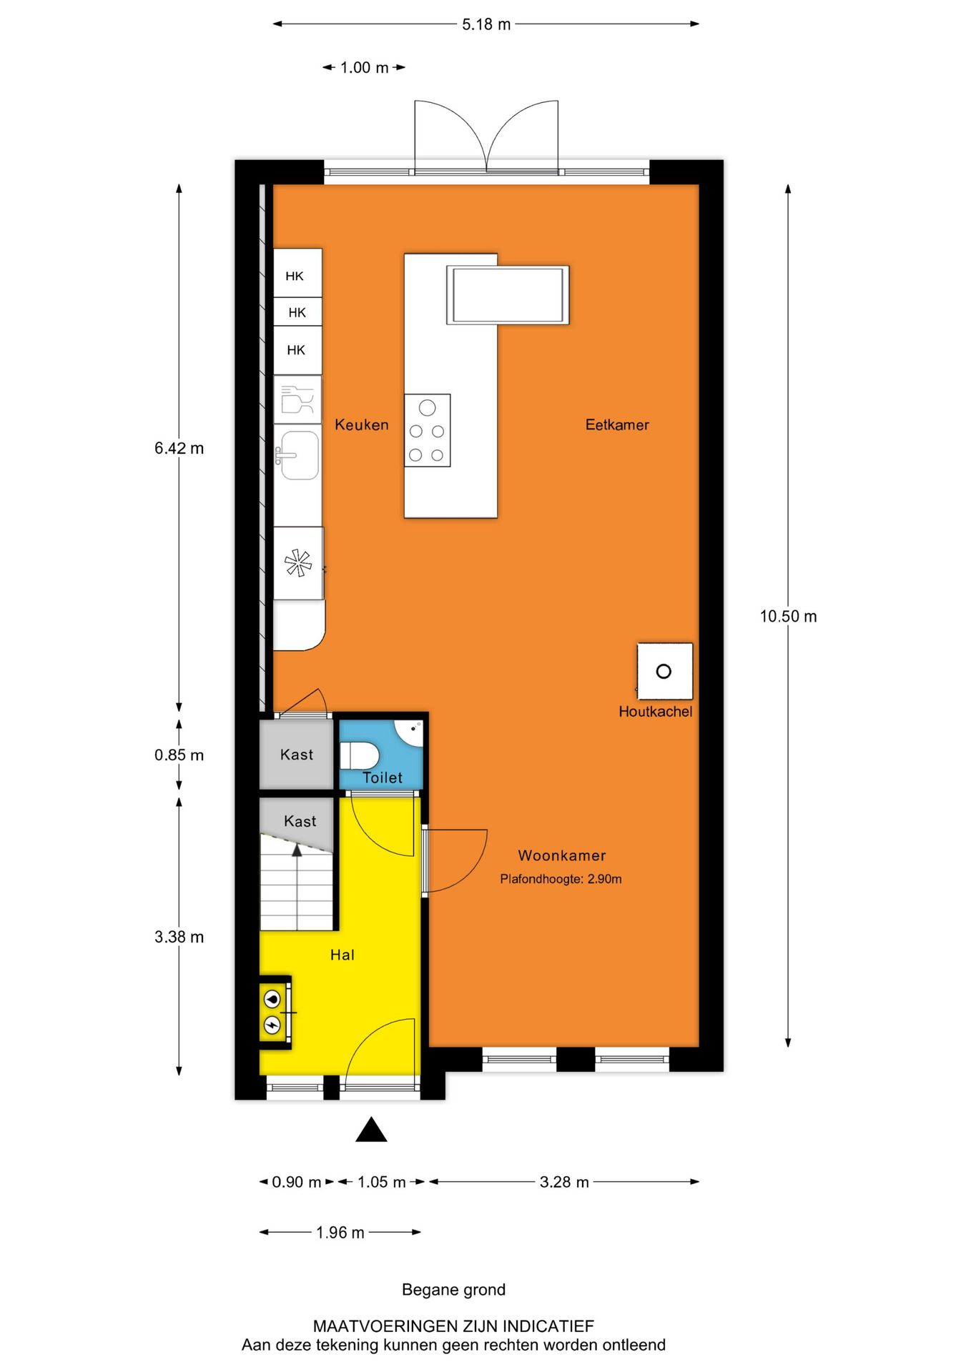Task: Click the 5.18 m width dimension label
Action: point(486,24)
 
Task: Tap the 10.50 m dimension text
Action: point(788,617)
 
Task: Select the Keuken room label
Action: point(362,425)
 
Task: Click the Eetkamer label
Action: point(617,425)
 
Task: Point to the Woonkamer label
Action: point(562,856)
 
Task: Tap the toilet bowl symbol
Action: point(359,755)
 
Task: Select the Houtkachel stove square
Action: point(664,672)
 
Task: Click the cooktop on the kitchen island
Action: point(427,431)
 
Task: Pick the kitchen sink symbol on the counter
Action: point(298,455)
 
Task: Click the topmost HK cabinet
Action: point(297,276)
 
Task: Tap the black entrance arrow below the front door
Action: point(371,1130)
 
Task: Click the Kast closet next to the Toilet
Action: point(296,755)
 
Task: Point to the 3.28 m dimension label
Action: point(564,1183)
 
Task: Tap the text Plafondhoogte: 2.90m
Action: point(561,880)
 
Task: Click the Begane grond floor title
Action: point(453,1290)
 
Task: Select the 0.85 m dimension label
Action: point(179,755)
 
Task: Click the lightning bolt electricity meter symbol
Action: point(272,1025)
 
